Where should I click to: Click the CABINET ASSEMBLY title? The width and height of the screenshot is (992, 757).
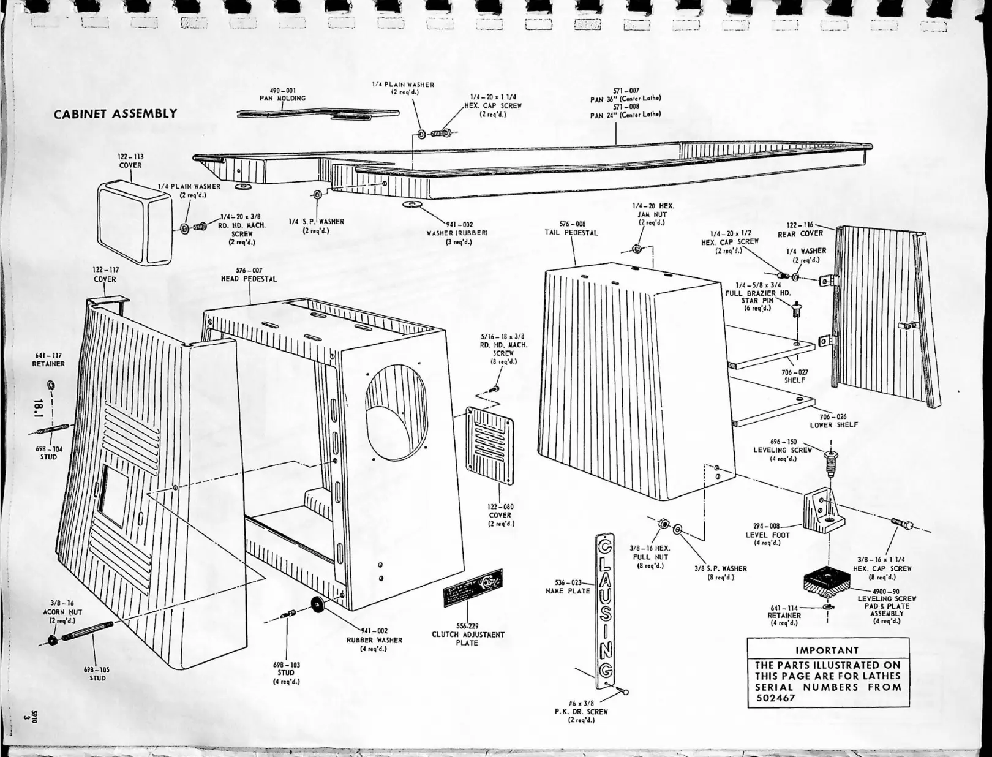click(x=115, y=114)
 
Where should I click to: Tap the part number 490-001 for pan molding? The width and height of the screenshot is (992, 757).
click(x=283, y=90)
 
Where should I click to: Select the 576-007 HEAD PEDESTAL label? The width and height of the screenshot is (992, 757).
click(x=249, y=274)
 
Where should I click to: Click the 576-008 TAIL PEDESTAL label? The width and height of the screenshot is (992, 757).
click(x=572, y=228)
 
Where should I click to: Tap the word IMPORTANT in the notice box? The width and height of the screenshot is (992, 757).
click(x=827, y=650)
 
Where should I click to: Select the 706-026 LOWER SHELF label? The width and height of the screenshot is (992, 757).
click(x=833, y=421)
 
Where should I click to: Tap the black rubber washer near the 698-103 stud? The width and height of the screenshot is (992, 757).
click(x=318, y=604)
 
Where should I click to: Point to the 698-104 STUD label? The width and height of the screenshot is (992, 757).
click(x=49, y=453)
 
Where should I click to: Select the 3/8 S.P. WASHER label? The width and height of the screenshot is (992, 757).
click(x=721, y=573)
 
